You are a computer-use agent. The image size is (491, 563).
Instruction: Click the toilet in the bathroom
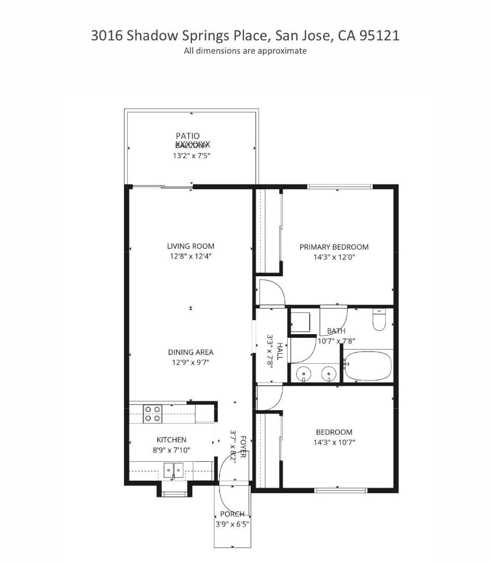point(379,320)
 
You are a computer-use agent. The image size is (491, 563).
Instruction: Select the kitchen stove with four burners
point(153,413)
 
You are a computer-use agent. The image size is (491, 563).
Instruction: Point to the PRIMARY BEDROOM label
point(334,247)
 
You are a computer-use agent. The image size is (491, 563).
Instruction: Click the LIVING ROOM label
point(190,246)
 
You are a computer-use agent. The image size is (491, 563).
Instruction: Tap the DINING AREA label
point(190,352)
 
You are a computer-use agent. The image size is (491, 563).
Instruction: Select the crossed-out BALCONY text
point(192,145)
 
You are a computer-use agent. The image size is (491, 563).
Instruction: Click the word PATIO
point(188,136)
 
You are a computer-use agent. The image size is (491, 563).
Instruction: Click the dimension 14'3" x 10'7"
point(334,442)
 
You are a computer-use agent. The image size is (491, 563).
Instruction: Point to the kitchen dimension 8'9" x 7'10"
point(171,450)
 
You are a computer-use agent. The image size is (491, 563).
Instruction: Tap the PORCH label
point(232,514)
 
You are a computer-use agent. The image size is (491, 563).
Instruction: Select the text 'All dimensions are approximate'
point(245,51)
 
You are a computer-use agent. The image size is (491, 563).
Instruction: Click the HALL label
point(280,351)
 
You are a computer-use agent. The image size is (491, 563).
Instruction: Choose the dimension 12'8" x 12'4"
point(190,256)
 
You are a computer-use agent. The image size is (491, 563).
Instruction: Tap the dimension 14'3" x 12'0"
point(334,257)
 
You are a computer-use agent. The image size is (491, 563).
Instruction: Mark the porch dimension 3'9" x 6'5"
point(232,524)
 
